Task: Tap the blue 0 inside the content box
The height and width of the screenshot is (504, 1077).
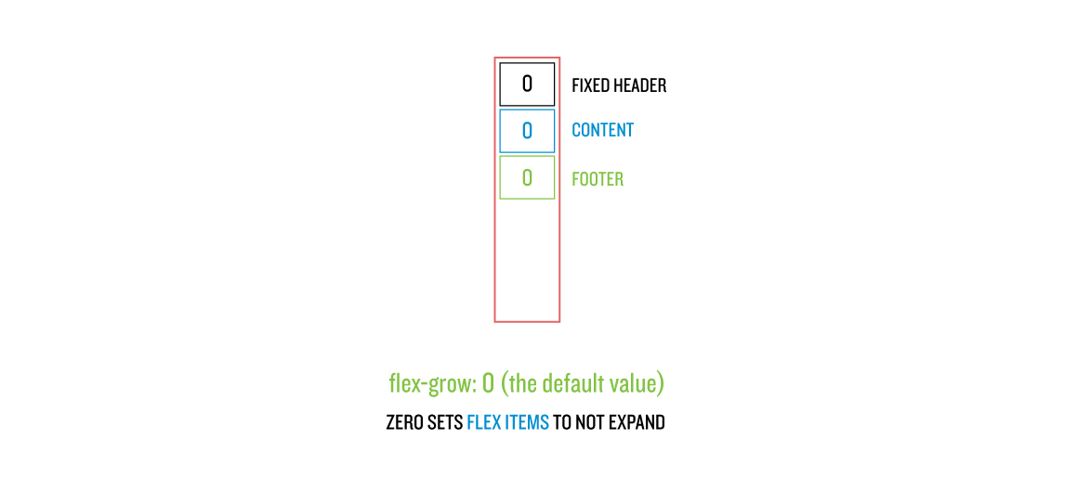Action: [527, 131]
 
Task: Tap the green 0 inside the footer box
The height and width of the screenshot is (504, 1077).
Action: [527, 177]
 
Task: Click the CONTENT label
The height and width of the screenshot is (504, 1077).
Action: [602, 130]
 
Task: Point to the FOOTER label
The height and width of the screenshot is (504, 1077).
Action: [598, 178]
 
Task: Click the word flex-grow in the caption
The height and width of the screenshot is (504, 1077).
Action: [432, 383]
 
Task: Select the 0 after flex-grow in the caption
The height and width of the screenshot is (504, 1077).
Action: [489, 383]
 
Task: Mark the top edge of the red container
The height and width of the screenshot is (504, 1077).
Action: [527, 58]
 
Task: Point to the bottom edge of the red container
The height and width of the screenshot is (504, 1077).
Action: [527, 321]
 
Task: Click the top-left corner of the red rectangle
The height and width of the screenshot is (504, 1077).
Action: [495, 58]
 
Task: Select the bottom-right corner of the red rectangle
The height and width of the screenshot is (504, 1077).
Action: [559, 321]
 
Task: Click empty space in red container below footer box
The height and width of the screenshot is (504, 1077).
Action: [527, 260]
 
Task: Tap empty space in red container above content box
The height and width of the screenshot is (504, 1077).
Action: [527, 84]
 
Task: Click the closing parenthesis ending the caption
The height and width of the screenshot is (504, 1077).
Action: [661, 383]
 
